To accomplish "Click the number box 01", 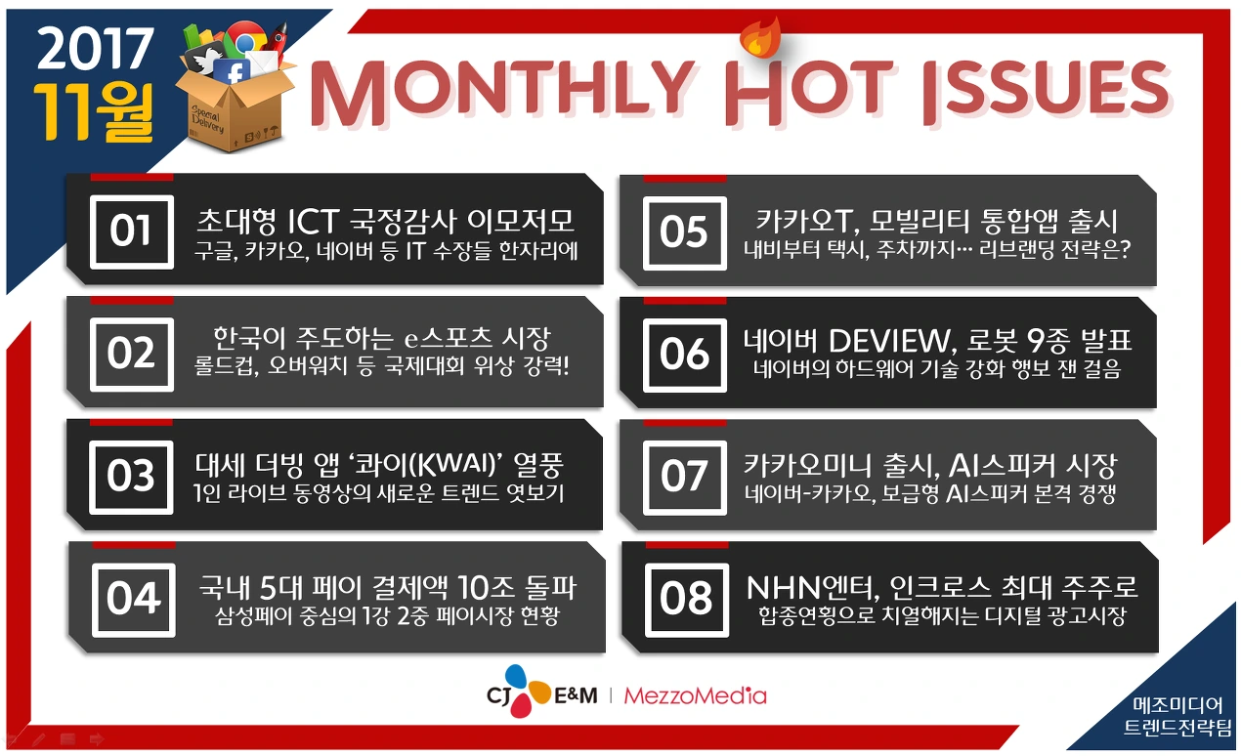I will point(131,231).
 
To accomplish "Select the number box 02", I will point(131,354).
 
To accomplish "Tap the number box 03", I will point(131,477).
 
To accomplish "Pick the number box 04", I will point(133,599).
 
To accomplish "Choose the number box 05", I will point(684,232).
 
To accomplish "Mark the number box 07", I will point(684,477).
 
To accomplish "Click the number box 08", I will point(686,599).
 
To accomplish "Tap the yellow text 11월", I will point(94,110).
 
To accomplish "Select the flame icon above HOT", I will point(755,37).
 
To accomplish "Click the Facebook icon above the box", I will point(232,73).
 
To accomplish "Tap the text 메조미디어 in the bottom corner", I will point(1177,705).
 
